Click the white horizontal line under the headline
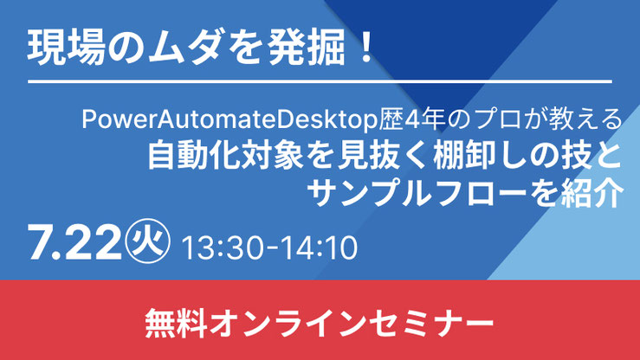coord(320,82)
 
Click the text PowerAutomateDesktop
coord(229,119)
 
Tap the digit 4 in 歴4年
coord(411,119)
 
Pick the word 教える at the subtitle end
coord(585,119)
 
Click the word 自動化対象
coord(226,156)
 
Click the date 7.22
coord(74,244)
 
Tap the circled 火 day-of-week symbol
coord(147,241)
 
